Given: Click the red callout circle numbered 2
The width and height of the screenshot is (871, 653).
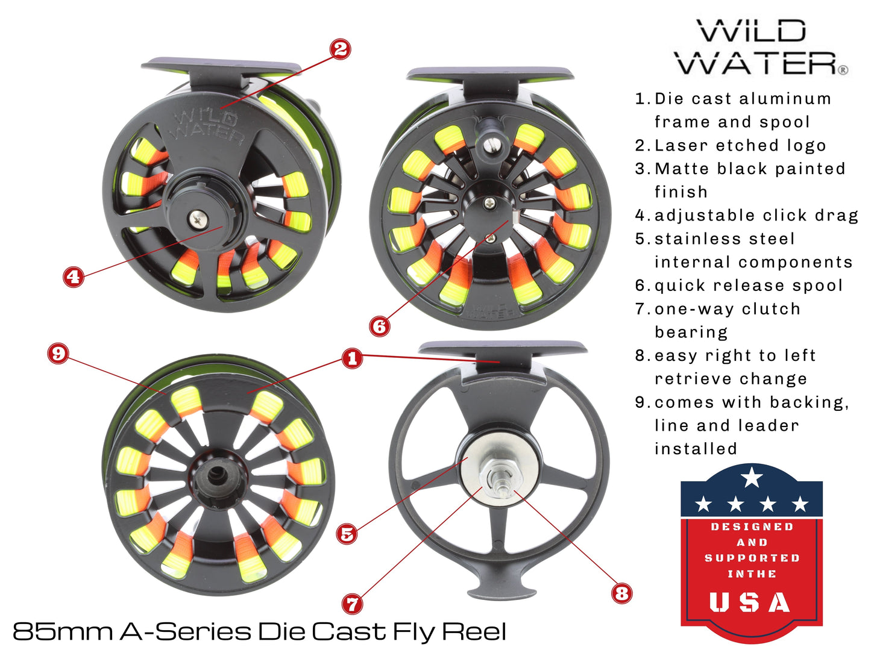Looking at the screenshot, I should coord(341,49).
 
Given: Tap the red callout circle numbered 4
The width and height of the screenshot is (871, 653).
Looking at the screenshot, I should coord(73,277).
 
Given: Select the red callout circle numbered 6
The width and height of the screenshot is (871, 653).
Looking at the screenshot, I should coord(380,326).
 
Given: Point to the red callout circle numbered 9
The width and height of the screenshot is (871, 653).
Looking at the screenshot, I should coord(58,353).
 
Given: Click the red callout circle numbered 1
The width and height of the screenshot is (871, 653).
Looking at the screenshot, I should coord(352,358).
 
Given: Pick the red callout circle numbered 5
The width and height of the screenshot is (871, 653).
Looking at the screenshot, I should coord(347,533).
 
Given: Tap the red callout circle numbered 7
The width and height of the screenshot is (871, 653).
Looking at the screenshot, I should coord(352,603).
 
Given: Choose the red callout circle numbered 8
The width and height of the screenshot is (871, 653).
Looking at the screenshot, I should coord(621,593).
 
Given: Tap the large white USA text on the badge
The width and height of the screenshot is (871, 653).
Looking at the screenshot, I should coord(750,602).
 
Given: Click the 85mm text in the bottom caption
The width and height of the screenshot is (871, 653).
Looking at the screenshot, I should coord(63,631).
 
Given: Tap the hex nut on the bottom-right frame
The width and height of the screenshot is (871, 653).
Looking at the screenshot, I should coord(499,472).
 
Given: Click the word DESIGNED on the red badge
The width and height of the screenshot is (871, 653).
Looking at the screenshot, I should coord(752,527).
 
